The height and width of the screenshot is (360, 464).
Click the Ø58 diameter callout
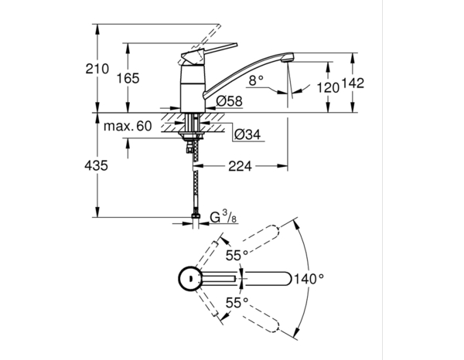click(229, 100)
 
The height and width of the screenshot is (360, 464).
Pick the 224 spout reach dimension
click(241, 165)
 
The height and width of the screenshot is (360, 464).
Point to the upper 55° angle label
click(237, 254)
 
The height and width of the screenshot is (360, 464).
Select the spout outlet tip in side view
click(288, 58)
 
